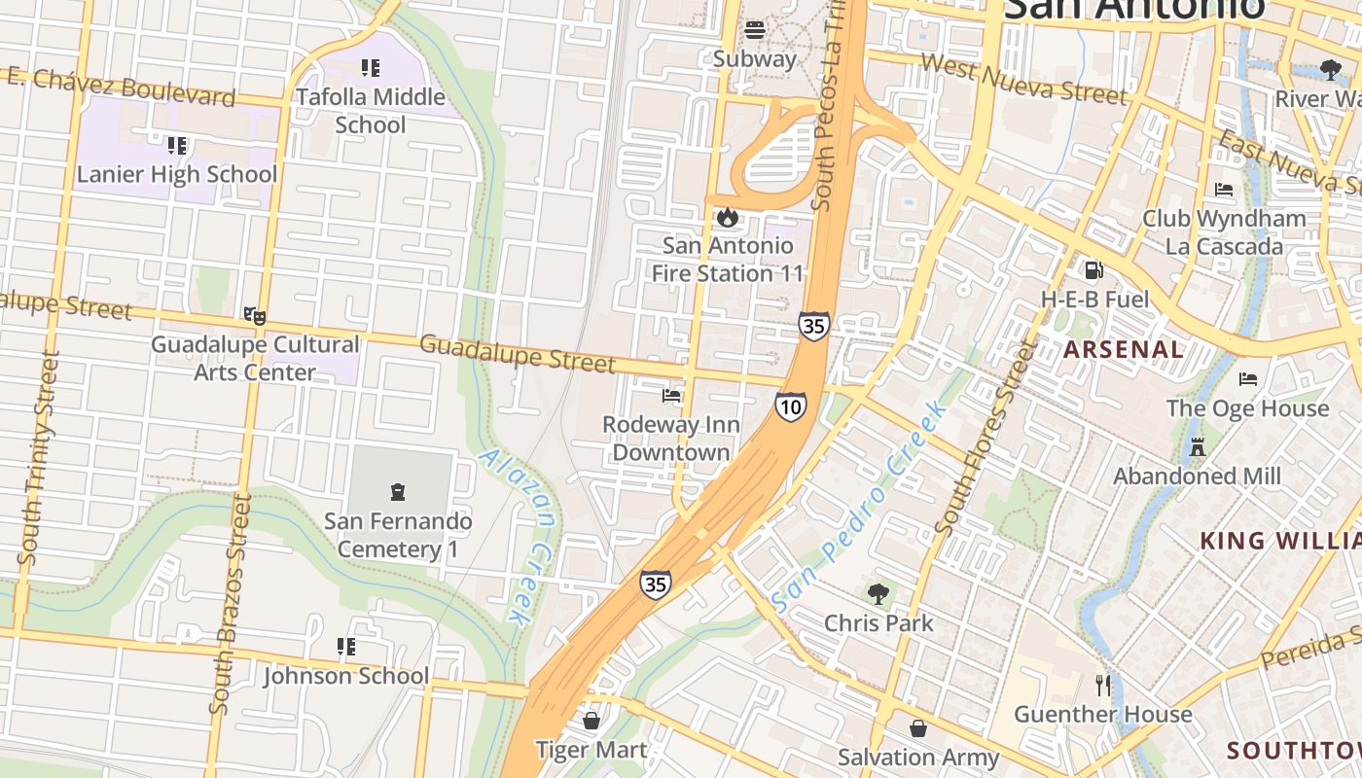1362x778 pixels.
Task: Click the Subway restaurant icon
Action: [755, 29]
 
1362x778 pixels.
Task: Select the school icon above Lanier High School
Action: [176, 146]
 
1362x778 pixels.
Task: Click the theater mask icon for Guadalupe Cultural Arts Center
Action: [254, 315]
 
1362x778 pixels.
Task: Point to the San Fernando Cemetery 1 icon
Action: [397, 492]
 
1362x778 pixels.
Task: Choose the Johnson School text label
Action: [345, 676]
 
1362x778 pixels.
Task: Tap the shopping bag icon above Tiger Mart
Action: [591, 721]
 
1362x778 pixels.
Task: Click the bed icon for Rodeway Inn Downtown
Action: [671, 396]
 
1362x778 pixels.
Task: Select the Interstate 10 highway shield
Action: [791, 407]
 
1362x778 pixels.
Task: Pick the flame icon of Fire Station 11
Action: [727, 217]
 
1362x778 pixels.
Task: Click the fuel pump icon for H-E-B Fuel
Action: [1094, 270]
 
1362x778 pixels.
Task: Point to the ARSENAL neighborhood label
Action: [1124, 349]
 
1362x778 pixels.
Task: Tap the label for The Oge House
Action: [1247, 408]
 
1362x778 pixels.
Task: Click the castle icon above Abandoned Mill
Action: [1198, 447]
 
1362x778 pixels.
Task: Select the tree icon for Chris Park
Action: [878, 593]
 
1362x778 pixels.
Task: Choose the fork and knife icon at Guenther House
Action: [1102, 686]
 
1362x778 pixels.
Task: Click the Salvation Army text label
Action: [918, 758]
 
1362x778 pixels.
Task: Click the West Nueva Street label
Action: [1022, 80]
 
